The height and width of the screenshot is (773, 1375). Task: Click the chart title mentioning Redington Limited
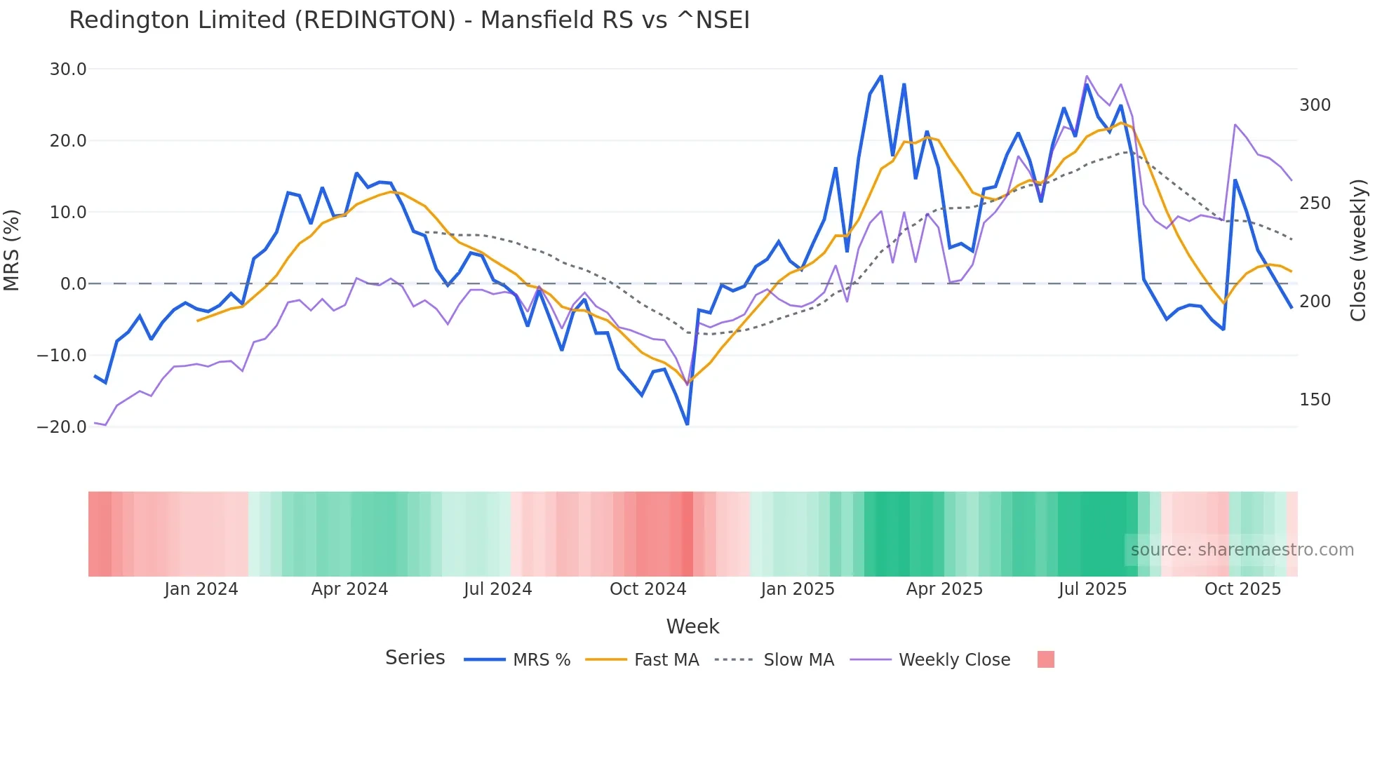[x=409, y=20]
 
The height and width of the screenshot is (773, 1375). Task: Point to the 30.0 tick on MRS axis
[x=68, y=69]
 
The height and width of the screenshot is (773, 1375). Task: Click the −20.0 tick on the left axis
[x=62, y=427]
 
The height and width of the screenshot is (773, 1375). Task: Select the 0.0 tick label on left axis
[x=73, y=284]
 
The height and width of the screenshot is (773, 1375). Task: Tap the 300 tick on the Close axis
[x=1315, y=105]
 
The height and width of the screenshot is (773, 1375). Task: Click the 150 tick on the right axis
[x=1315, y=400]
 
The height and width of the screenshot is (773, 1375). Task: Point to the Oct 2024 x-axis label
[x=648, y=589]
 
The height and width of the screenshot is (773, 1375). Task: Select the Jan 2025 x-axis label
[x=798, y=589]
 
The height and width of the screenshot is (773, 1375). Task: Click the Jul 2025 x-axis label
[x=1092, y=589]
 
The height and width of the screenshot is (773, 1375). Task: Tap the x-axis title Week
[x=692, y=626]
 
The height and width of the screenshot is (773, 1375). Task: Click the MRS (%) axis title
[x=12, y=250]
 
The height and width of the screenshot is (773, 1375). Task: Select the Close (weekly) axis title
[x=1358, y=250]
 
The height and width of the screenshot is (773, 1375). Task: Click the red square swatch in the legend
[x=1045, y=659]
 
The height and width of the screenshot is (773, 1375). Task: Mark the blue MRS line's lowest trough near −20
[x=687, y=424]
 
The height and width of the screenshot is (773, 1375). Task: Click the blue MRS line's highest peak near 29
[x=881, y=76]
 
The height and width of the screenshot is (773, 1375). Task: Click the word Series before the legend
[x=415, y=658]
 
